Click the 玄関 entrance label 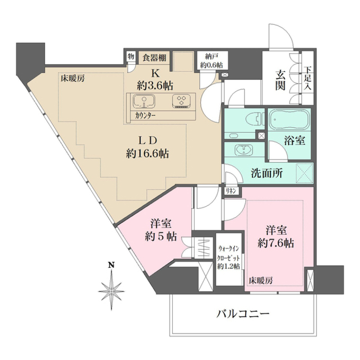point(280,80)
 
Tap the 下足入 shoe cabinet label point(308,78)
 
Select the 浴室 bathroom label point(294,141)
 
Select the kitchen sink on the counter point(144,101)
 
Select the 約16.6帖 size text point(147,153)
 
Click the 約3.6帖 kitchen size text point(155,85)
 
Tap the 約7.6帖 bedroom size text point(276,243)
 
